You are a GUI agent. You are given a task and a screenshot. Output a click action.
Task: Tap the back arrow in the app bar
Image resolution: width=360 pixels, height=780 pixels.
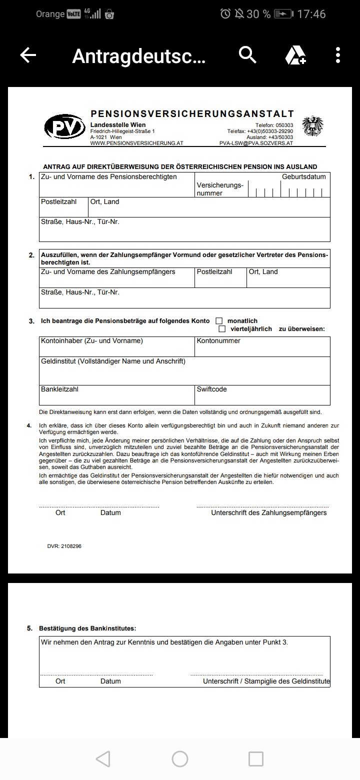[28, 55]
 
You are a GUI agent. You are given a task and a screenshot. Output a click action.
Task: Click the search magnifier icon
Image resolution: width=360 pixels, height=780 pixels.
[247, 54]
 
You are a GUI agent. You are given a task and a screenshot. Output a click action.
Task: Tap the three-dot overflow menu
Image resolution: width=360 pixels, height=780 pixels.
[338, 55]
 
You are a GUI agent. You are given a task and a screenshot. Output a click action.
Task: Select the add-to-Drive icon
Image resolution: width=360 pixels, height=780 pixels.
[295, 55]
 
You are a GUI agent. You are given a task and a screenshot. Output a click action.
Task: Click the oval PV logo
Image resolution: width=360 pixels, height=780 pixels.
[64, 127]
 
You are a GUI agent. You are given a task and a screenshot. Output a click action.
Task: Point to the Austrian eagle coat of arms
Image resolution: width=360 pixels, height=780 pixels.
[313, 126]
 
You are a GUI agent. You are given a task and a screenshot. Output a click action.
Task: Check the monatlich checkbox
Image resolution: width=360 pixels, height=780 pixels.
[219, 320]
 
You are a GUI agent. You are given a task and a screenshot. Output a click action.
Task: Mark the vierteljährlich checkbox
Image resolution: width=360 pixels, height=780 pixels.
[222, 329]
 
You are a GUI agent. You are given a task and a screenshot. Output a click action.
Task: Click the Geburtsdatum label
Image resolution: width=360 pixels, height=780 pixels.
[303, 176]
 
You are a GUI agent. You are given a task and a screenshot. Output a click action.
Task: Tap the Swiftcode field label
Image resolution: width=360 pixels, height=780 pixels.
[212, 389]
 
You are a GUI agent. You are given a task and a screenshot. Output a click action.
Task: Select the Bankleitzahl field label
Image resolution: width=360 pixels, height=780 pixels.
[59, 389]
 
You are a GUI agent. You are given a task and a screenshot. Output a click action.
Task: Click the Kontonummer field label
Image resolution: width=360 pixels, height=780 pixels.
[218, 341]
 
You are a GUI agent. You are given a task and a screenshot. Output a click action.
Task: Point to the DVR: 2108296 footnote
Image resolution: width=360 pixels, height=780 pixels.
[64, 546]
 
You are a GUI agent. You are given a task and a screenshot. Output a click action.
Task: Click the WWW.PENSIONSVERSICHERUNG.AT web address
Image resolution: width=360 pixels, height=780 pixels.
[136, 143]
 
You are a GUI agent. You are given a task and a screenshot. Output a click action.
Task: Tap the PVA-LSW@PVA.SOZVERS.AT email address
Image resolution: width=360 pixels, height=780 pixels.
[256, 143]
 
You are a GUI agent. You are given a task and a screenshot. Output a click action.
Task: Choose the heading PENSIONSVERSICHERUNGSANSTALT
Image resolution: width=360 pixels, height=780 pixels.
[192, 114]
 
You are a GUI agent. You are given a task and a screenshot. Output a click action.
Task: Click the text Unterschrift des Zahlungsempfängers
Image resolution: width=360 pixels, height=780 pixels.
[268, 512]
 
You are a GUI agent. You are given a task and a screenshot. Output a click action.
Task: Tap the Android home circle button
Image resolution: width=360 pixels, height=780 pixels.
[180, 759]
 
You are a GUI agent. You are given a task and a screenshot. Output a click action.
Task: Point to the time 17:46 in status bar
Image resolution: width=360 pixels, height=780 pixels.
[311, 14]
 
